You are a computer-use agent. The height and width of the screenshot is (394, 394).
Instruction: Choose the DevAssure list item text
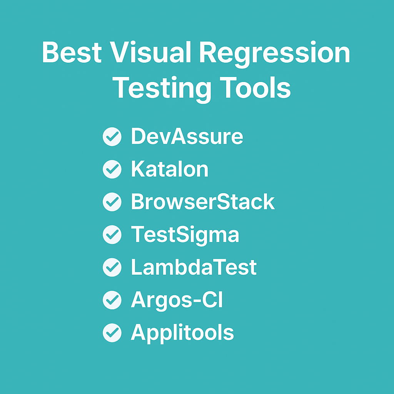click(x=187, y=137)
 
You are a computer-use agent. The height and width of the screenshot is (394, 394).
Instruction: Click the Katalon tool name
click(x=170, y=169)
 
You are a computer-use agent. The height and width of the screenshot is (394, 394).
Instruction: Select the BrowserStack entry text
click(x=203, y=202)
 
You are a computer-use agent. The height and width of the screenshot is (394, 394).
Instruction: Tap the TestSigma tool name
click(x=185, y=235)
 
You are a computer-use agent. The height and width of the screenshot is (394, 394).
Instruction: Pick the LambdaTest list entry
click(x=194, y=267)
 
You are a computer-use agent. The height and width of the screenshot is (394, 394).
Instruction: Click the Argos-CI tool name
click(x=177, y=300)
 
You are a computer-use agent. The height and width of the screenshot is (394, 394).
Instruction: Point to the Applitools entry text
click(x=182, y=332)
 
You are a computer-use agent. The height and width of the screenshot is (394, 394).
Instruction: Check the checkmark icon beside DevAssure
click(x=112, y=137)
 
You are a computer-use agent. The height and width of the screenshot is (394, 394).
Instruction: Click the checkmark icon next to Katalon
click(x=112, y=170)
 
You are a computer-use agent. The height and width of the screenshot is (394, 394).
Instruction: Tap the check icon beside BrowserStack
click(x=112, y=202)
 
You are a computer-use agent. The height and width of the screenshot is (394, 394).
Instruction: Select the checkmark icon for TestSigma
click(x=112, y=235)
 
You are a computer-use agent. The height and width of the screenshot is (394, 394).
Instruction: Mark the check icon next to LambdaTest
click(x=112, y=267)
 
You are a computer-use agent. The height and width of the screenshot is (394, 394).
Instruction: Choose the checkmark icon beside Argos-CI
click(x=112, y=300)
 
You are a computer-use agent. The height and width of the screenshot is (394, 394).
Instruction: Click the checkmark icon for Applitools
click(x=112, y=333)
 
